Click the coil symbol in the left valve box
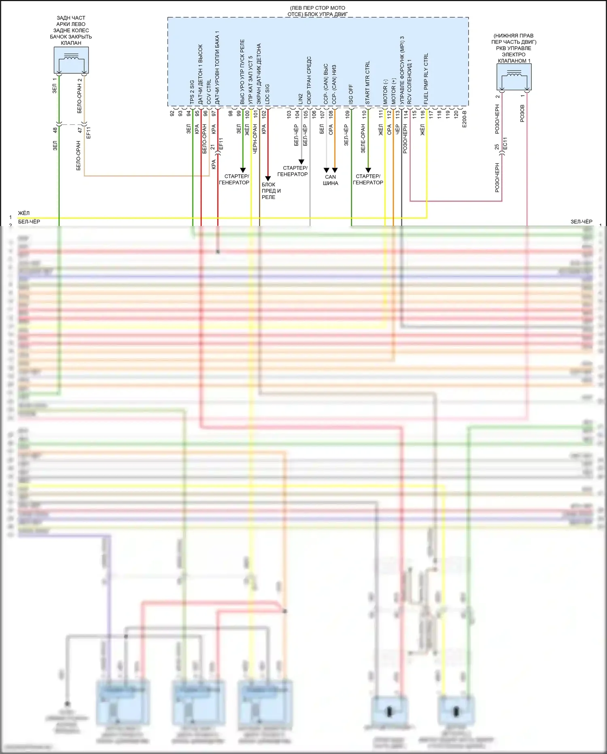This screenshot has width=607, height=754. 71,58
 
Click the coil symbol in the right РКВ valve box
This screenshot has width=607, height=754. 514,74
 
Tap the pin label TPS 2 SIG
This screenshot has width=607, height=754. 192,92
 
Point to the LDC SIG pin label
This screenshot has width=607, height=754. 267,94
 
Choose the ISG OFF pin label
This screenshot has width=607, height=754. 351,94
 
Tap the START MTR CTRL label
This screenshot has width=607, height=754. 367,83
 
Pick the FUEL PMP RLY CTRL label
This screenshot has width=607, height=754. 426,79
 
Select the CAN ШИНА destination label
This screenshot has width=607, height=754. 330,180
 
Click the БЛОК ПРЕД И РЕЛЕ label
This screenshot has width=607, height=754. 271,190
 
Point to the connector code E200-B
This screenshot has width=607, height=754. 464,119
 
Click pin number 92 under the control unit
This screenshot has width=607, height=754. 172,113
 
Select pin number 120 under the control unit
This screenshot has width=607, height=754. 456,114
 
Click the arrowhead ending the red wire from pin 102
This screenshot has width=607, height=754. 268,179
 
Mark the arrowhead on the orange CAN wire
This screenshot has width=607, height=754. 335,170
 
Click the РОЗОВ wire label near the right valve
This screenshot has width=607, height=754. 522,113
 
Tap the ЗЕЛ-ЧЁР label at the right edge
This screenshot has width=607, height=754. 581,222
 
